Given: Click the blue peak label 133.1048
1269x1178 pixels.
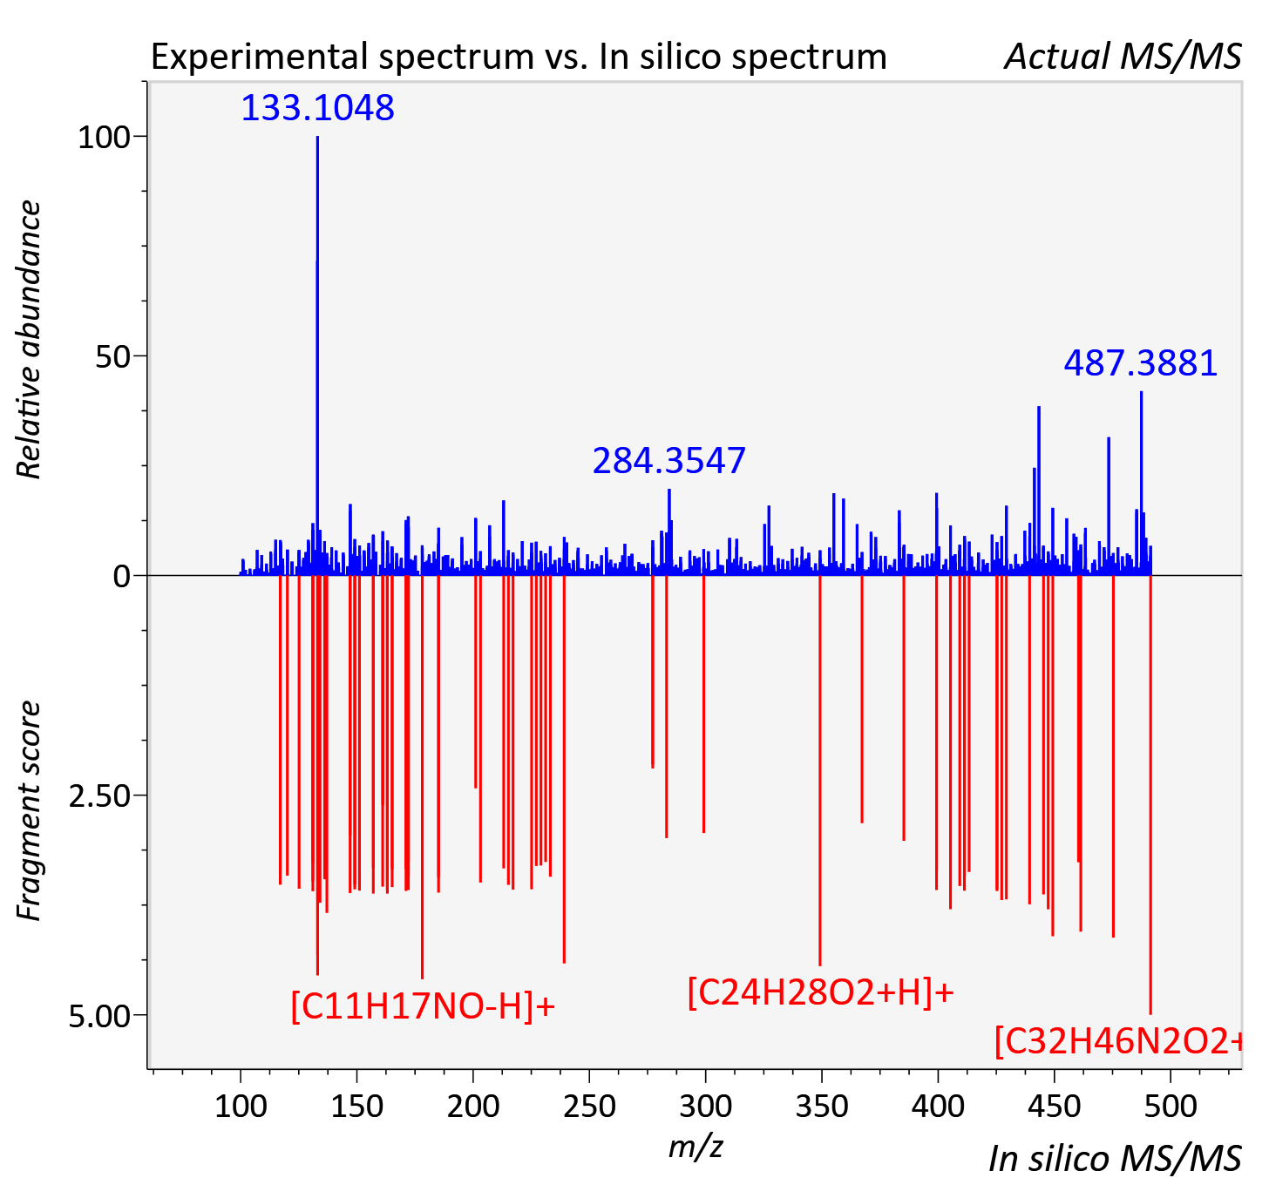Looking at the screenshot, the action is (317, 108).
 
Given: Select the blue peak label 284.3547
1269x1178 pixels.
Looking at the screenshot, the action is (669, 461).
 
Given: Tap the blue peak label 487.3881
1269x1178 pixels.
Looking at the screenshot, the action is (1141, 363).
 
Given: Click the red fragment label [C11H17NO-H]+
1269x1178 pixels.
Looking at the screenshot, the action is (423, 1006).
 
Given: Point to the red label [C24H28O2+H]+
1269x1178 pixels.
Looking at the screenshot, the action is (820, 992).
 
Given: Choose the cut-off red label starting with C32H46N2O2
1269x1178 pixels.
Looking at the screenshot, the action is (1118, 1041).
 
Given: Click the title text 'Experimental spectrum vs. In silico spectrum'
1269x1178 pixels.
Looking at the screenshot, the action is (519, 57).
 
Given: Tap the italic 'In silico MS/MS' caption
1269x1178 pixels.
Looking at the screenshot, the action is (1115, 1158).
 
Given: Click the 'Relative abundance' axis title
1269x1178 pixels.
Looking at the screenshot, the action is (29, 339).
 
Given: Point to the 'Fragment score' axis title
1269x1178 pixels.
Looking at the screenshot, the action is (29, 810).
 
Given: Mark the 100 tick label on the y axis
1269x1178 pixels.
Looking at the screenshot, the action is (104, 138).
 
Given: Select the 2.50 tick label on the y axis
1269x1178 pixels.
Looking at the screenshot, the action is (99, 796).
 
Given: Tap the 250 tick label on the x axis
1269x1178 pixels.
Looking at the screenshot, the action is (589, 1107).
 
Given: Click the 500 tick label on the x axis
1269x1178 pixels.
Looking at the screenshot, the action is (1170, 1107).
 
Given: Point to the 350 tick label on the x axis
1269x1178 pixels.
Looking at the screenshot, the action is (822, 1107).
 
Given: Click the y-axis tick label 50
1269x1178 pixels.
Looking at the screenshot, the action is (112, 357).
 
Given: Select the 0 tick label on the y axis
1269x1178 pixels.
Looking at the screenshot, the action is (121, 577).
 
